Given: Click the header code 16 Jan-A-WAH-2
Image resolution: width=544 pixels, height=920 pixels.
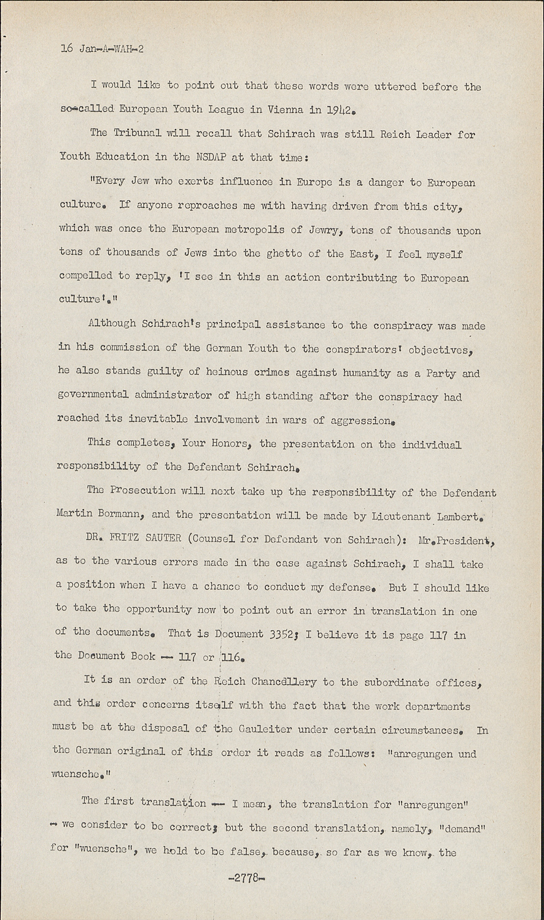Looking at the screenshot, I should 102,49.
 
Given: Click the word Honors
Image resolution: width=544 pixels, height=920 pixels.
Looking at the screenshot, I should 216,443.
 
